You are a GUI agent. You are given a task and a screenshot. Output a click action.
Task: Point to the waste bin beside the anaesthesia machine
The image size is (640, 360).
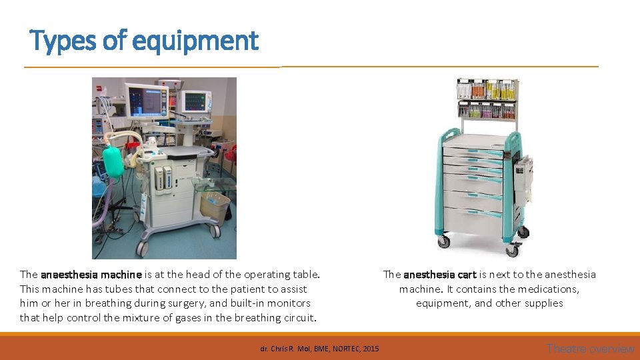point(215,206)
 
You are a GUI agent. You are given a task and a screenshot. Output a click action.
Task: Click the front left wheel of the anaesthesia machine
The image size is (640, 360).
point(142,248)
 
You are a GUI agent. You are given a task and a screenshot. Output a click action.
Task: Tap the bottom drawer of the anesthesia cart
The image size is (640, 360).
point(474,221)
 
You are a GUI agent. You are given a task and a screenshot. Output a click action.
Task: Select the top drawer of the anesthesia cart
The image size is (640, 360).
point(474,143)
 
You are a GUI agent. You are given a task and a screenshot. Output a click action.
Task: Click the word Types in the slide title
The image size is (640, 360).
point(61,41)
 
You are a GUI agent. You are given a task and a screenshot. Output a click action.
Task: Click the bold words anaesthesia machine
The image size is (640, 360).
point(91,275)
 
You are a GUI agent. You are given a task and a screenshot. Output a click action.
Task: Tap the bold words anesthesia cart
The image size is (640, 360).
point(440,275)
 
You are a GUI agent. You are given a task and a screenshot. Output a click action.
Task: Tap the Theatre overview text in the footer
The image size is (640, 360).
point(590,349)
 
